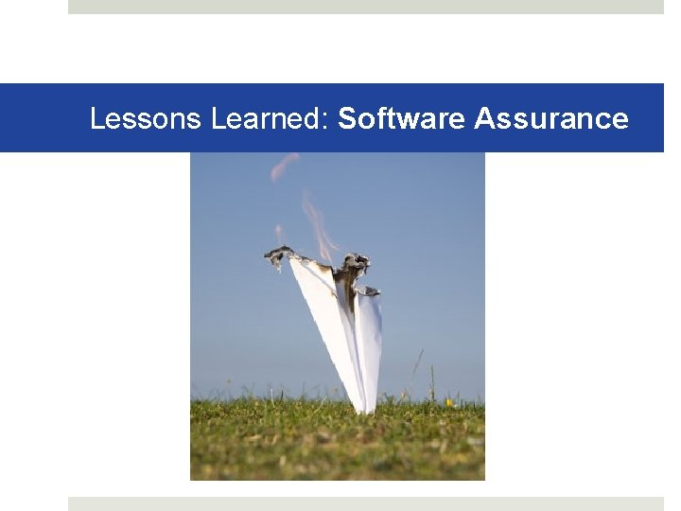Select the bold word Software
[x=402, y=119]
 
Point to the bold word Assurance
[x=551, y=119]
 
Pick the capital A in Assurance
[x=484, y=119]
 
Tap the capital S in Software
[x=347, y=119]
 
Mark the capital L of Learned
[x=218, y=119]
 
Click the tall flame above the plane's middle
[x=318, y=222]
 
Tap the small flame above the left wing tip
[x=279, y=233]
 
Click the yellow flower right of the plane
[x=449, y=403]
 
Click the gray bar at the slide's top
[x=365, y=7]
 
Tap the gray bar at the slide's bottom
[x=365, y=503]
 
